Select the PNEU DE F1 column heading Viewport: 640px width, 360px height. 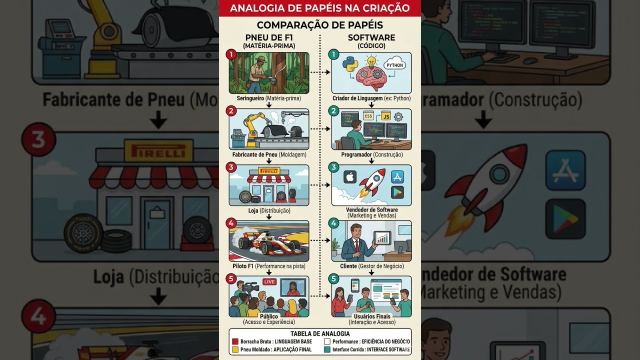pos(269,37)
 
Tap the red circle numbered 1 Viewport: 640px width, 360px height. pos(231,54)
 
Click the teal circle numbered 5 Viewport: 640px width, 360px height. pos(334,278)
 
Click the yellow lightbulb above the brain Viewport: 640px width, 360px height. pos(371,62)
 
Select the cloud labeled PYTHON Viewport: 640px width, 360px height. pos(394,65)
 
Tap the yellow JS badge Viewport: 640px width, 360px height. pos(385,116)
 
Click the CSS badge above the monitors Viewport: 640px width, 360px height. pos(368,116)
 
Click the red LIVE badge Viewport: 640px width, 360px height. pos(269,282)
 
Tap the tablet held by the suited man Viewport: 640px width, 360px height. pos(382,237)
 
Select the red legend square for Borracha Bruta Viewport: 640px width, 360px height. pos(235,342)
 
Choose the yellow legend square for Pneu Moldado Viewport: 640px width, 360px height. pos(235,349)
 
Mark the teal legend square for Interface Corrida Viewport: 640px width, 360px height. pos(327,349)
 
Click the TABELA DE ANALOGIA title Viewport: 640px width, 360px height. pos(320,333)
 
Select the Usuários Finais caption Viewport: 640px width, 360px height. pos(372,316)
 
